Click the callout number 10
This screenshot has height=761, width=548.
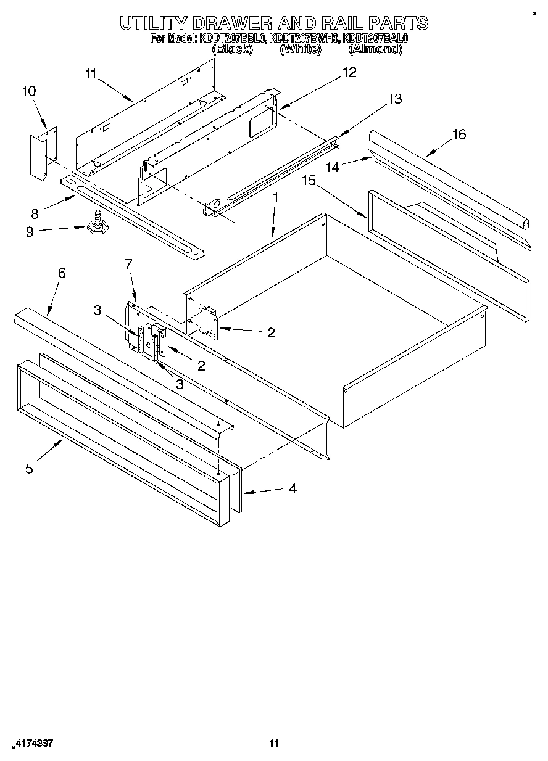[x=28, y=91]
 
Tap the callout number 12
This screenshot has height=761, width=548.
[x=349, y=73]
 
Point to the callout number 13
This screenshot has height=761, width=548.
[x=394, y=99]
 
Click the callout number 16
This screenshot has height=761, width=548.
[x=459, y=134]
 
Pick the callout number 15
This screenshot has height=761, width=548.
[x=309, y=180]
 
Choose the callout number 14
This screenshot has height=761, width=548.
[x=333, y=167]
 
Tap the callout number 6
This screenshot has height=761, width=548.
[x=62, y=273]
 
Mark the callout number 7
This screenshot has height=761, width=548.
[x=128, y=264]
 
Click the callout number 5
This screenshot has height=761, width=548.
[x=29, y=468]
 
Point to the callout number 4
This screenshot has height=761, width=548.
[x=293, y=488]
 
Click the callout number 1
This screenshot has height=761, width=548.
[x=276, y=198]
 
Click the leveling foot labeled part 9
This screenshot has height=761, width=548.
[x=96, y=225]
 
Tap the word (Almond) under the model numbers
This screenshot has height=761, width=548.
[x=375, y=49]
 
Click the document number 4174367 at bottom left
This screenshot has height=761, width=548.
[x=33, y=744]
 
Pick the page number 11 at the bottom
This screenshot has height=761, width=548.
[x=275, y=744]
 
